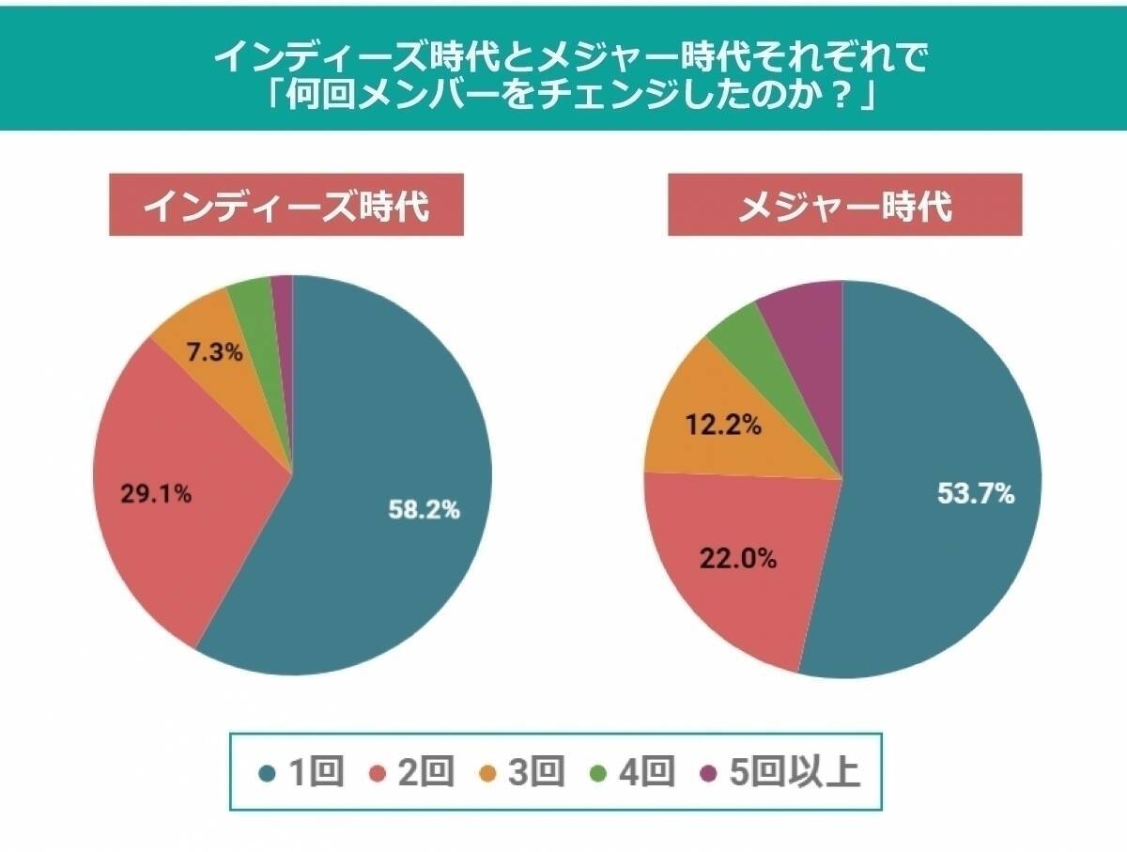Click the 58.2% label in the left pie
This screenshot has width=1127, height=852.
point(425,510)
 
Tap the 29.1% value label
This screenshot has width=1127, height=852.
point(156,494)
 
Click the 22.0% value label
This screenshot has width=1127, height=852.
point(737,559)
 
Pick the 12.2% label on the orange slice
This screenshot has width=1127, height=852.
point(724,425)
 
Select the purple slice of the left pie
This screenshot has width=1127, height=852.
point(283,291)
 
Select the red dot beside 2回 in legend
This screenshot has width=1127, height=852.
point(379,773)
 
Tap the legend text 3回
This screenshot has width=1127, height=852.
point(535,772)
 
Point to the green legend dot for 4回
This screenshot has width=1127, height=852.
point(598,773)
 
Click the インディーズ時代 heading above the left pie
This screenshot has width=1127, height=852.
point(286,205)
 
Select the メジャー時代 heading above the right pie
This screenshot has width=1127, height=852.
point(844,205)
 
